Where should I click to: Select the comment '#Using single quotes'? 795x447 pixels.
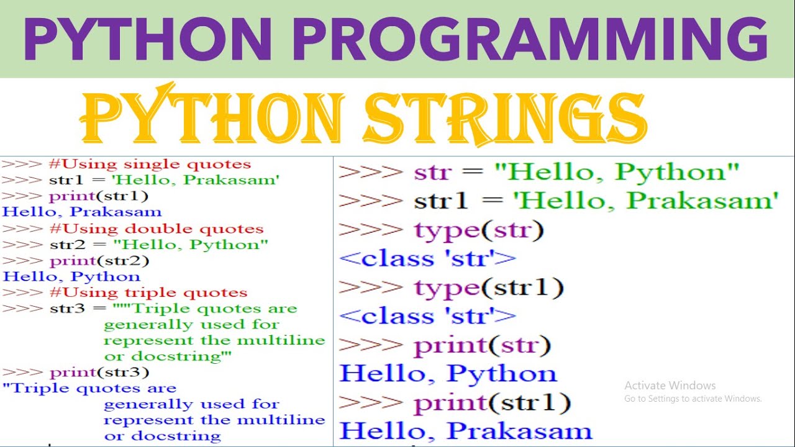tap(150, 165)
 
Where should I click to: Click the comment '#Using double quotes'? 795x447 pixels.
tap(156, 228)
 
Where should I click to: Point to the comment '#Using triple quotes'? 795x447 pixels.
tap(148, 292)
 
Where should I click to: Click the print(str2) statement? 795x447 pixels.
tap(99, 261)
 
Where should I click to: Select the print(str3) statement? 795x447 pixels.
tap(99, 372)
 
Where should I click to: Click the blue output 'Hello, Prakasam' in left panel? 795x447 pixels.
tap(81, 212)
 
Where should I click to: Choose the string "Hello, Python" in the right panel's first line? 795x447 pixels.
tap(616, 172)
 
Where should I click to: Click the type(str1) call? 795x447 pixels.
tap(489, 288)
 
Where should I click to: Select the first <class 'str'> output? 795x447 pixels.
tap(428, 259)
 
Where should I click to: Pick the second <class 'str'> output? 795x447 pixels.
tap(428, 317)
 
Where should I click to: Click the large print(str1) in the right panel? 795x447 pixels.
tap(492, 404)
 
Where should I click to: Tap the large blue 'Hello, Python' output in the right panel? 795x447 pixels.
tap(448, 374)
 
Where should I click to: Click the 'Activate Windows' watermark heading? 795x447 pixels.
tap(670, 386)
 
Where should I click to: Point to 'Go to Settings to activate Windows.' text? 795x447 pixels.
tap(693, 399)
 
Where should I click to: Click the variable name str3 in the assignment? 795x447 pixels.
tap(66, 309)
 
